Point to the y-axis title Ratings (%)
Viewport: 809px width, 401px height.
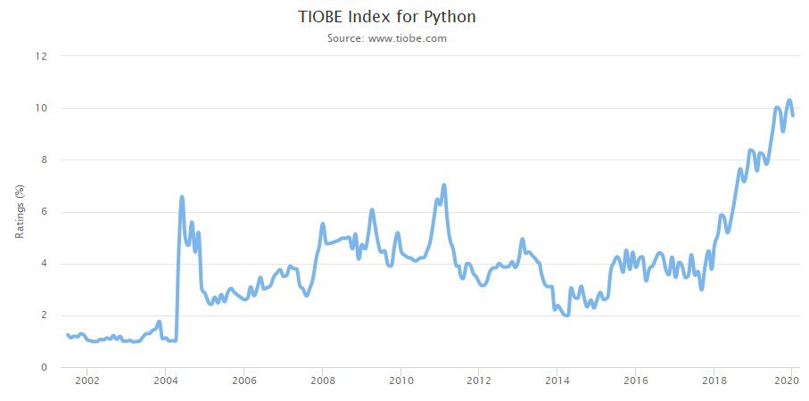pos(20,211)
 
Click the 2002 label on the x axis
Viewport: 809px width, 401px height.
pos(87,381)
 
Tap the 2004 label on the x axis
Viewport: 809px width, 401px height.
pos(165,381)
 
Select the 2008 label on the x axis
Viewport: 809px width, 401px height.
pos(322,381)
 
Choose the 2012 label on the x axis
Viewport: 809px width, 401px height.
pos(479,381)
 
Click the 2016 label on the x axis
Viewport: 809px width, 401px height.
pos(636,381)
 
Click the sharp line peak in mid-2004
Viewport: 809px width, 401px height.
pos(182,197)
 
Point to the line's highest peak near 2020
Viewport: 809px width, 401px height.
pos(789,100)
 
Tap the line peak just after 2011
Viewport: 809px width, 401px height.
pos(443,185)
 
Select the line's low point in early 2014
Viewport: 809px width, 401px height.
pos(566,315)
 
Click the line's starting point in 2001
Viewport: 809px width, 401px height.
pos(67,334)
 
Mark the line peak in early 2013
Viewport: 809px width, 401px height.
pos(522,239)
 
